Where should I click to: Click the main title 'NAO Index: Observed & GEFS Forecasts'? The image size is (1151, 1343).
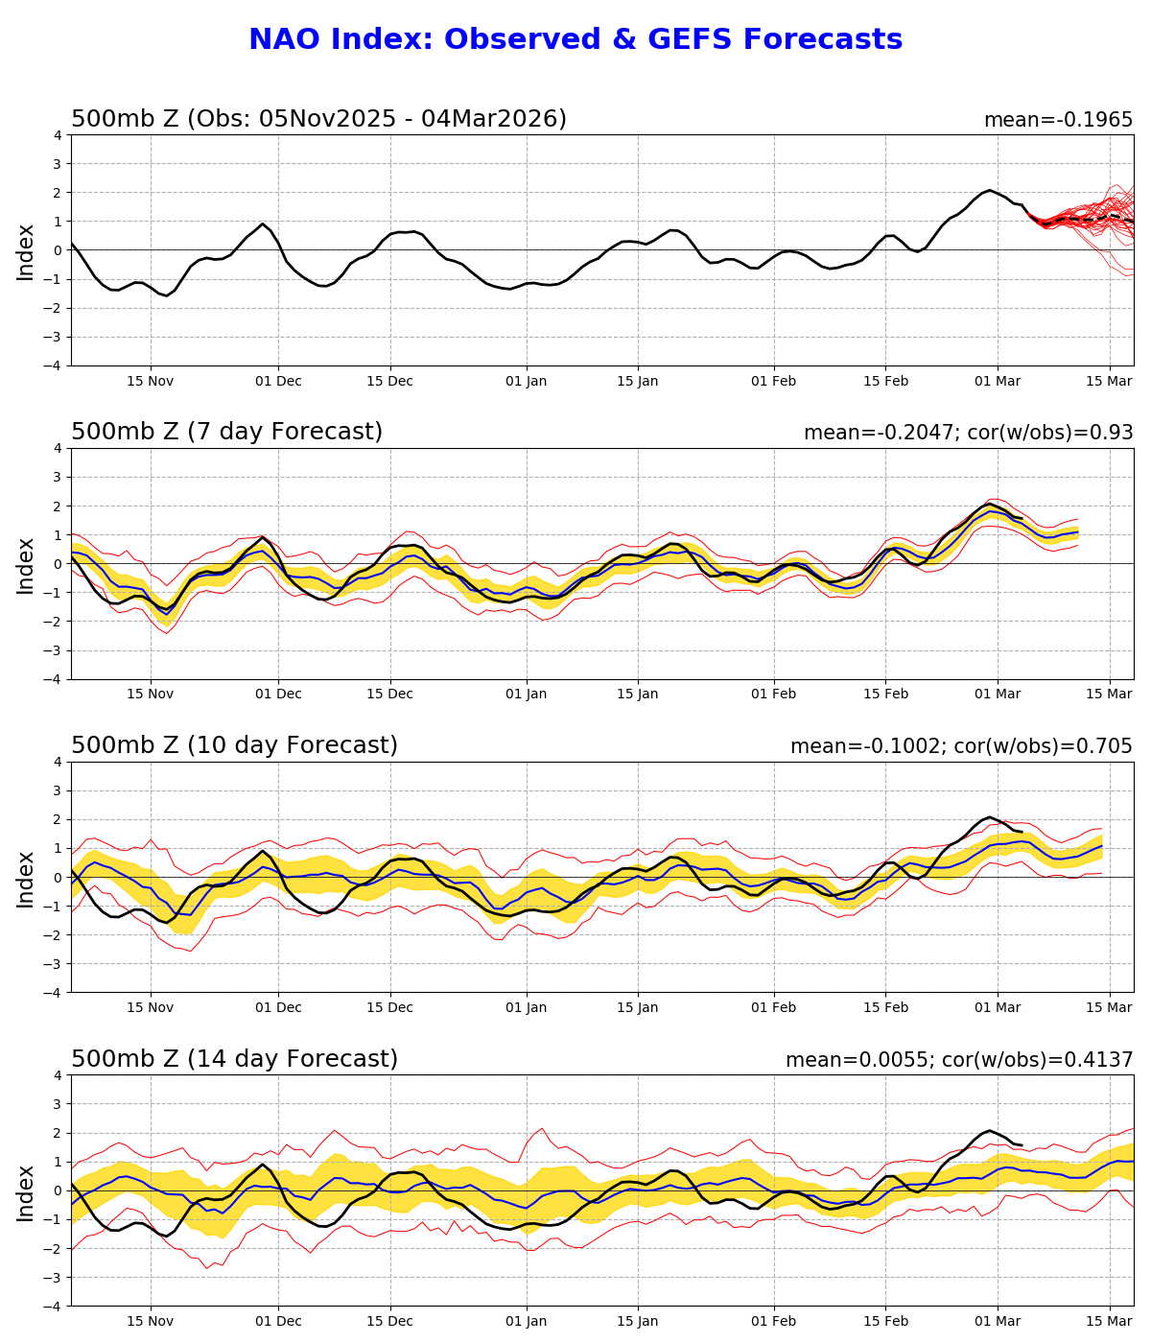pos(575,39)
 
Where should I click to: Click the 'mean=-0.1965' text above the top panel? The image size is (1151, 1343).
pos(1058,120)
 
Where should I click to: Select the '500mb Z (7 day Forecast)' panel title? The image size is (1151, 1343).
pos(226,433)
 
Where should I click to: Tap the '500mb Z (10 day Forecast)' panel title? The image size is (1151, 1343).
pos(234,746)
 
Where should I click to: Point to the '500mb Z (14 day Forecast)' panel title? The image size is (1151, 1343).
pos(234,1060)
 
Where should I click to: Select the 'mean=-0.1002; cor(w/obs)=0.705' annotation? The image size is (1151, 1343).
pos(961,746)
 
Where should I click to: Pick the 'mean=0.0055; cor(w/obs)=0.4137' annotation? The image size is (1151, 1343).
pos(959,1060)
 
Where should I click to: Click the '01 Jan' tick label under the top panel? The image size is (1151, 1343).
pos(526,381)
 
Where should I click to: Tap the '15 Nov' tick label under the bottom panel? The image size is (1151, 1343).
pos(150,1321)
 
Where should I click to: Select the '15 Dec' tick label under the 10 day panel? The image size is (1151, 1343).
pos(389,1007)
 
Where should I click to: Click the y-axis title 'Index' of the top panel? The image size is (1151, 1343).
pos(26,251)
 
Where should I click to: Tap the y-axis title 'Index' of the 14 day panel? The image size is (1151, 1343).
pos(26,1192)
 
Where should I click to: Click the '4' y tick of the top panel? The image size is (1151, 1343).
pos(59,135)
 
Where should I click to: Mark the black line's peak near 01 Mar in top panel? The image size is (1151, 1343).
pos(989,191)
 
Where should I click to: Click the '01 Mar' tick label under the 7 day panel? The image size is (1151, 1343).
pos(997,695)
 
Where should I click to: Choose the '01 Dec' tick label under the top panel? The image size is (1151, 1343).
pos(278,381)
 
